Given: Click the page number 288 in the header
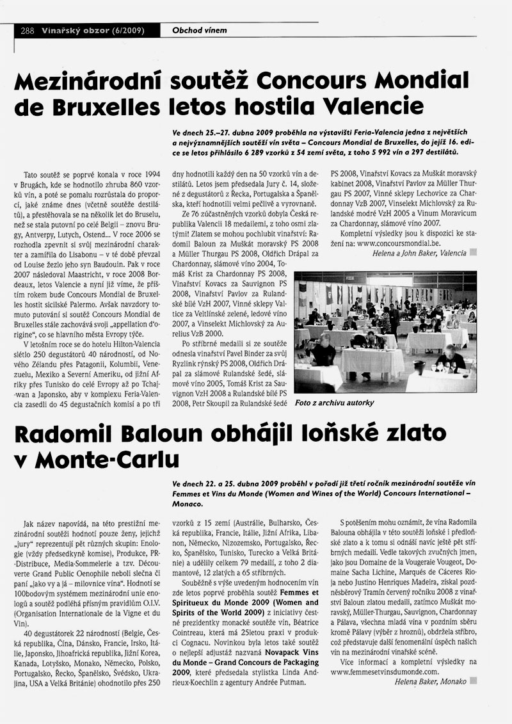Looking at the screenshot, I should point(27,30).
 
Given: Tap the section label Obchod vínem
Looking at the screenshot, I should point(200,30).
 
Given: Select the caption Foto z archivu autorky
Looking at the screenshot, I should point(334,403).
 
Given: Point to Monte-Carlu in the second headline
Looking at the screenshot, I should point(112,460).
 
